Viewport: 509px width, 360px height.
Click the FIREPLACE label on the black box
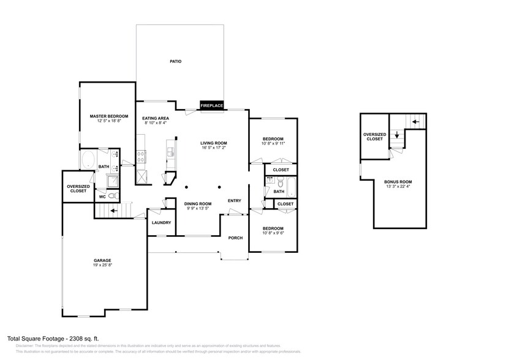pos(212,106)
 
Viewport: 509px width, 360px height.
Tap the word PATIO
pos(175,61)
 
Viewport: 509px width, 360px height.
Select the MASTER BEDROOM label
pos(108,116)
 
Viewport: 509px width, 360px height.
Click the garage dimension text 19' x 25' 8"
pos(102,266)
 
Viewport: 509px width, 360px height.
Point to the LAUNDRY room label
pos(161,223)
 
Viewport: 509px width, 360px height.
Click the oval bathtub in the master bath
pos(88,161)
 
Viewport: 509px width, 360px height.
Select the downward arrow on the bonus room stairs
pos(397,135)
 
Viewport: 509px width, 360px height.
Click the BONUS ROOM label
pos(398,182)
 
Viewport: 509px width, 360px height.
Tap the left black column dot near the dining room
pos(186,187)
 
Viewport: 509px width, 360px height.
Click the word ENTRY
pos(235,201)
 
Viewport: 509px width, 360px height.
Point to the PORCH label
pos(235,238)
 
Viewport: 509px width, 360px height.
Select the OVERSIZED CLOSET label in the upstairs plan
pos(374,137)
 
